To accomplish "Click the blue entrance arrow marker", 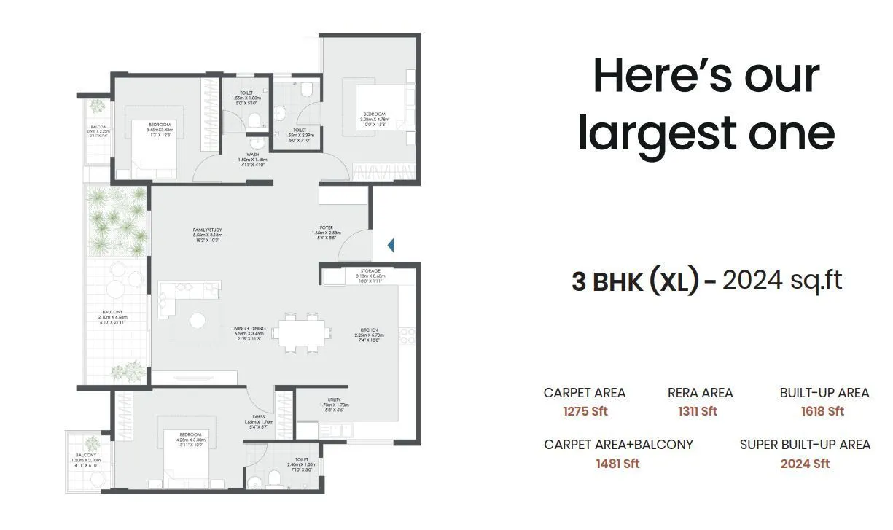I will [x=391, y=245].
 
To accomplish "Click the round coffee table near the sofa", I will [x=197, y=319].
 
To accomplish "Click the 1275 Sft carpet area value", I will [x=585, y=411].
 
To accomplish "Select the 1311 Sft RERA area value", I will [x=698, y=411].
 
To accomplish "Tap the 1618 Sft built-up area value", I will [x=822, y=411].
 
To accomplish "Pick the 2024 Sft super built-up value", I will [x=805, y=464].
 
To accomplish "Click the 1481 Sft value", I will [x=618, y=464].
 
